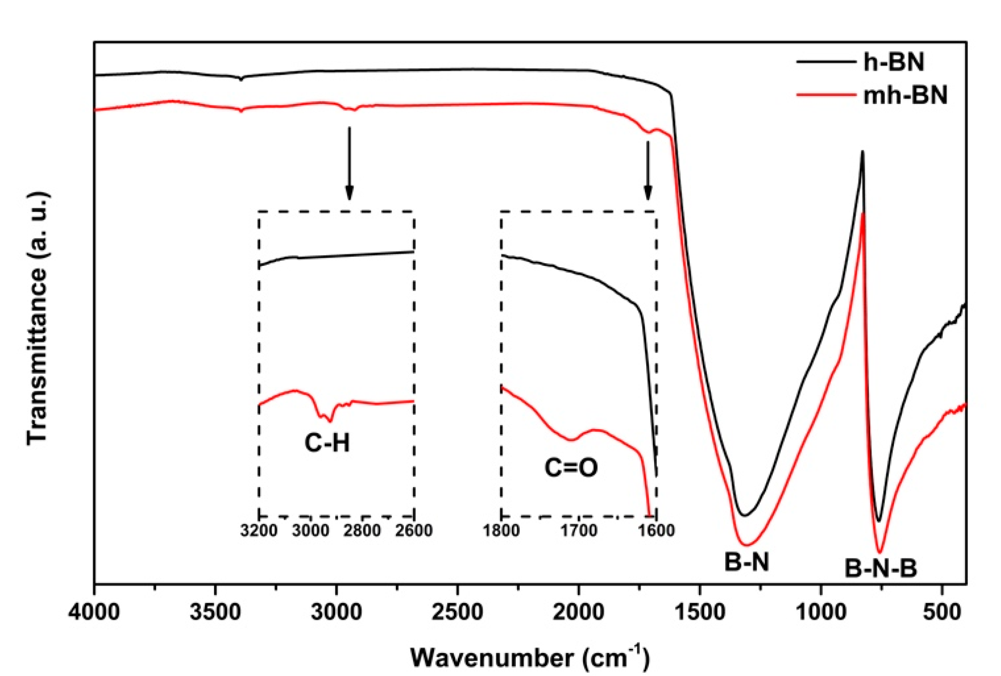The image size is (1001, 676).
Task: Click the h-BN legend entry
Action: coord(894,61)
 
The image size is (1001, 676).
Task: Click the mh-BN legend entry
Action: coord(905,95)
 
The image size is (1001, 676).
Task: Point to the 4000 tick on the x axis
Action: coord(94,613)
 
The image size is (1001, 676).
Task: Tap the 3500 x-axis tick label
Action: coord(215,613)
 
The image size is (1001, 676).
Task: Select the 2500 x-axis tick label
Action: coord(457,613)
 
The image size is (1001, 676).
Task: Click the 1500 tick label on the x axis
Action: coord(700,613)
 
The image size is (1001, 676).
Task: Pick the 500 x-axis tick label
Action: coord(942,613)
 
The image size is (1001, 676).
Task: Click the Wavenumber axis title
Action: coord(529,657)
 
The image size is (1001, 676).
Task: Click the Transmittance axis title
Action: coord(37,318)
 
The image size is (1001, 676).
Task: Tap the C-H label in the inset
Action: coord(327,442)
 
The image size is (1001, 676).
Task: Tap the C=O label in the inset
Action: coord(571,468)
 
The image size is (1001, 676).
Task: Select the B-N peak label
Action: coord(747,562)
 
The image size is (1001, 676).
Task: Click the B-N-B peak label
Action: coord(881,568)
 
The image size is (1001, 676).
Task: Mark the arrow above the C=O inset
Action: coord(648,170)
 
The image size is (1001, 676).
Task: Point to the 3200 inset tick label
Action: coord(259,530)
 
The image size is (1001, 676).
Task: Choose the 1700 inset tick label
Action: coord(579,530)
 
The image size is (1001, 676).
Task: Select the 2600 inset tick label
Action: coord(414,530)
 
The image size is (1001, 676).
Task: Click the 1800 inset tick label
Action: coord(501,530)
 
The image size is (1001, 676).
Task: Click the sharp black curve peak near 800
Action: coord(862,153)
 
